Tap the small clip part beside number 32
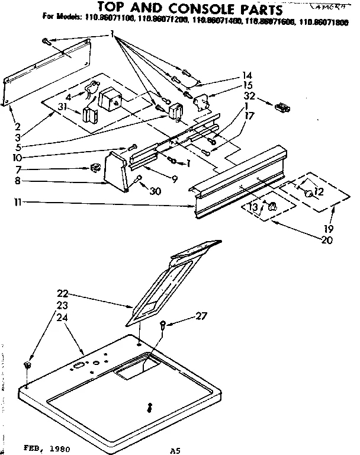pos(282,108)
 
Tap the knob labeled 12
pos(308,193)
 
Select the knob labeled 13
pos(272,207)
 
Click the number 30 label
pos(155,191)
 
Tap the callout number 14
pos(247,76)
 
